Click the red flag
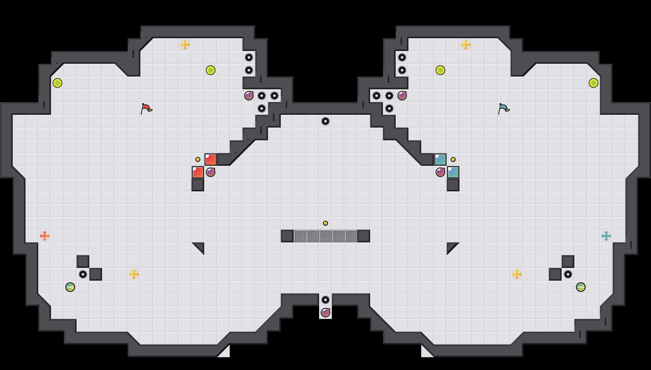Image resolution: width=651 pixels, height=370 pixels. tap(146, 108)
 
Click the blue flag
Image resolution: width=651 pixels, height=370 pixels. tap(504, 108)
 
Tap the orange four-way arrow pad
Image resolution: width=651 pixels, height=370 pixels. tap(45, 236)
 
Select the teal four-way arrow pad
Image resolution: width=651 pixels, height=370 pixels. tap(606, 236)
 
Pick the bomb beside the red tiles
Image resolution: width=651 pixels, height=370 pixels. tap(211, 172)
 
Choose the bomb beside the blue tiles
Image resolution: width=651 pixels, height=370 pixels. tap(440, 172)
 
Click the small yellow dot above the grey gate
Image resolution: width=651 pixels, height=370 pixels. tap(325, 223)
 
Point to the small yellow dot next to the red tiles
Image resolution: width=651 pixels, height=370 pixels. tap(198, 159)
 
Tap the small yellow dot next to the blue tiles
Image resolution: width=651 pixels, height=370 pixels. tap(453, 159)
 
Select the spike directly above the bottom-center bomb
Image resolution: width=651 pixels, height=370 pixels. tap(325, 300)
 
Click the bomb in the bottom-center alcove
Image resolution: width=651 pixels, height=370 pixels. tap(325, 313)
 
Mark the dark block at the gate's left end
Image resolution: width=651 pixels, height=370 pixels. tap(287, 236)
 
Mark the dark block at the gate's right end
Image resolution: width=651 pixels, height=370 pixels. tap(364, 236)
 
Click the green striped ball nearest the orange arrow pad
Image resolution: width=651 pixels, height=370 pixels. tap(70, 287)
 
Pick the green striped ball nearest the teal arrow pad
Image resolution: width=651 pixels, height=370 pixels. tap(581, 287)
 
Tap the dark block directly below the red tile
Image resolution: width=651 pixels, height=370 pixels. tap(198, 185)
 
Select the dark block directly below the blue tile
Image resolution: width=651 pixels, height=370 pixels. tap(453, 185)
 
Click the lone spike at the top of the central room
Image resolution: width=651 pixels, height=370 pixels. tap(325, 121)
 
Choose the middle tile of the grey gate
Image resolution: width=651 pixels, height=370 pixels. tap(325, 236)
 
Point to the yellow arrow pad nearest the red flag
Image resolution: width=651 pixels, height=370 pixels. tap(185, 45)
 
